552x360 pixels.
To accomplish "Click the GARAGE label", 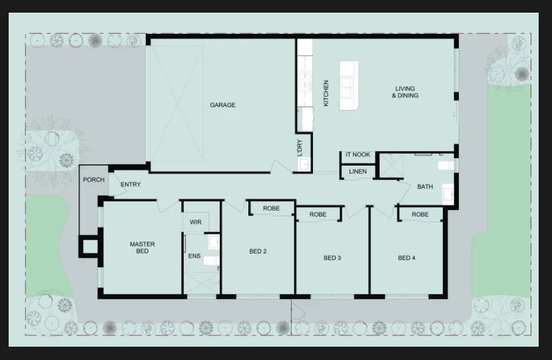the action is point(222,105).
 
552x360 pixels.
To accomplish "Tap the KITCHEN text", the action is point(326,93).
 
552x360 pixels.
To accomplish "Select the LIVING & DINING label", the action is point(406,92).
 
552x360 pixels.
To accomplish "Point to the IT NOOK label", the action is point(358,154).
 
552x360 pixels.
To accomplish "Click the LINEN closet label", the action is point(358,172).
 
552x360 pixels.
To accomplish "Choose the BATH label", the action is point(425,186).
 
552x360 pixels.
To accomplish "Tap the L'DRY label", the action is point(300,148).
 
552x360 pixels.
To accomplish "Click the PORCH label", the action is point(94,180).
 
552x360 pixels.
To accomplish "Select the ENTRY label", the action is point(131,184).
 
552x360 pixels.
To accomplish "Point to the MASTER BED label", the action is point(142,248).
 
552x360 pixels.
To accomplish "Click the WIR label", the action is point(195,222).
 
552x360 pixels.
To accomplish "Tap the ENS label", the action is point(194,256).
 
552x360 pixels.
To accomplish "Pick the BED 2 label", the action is point(258,252).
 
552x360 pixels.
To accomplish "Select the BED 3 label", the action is point(332,258).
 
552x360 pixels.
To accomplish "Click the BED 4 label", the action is point(406,258).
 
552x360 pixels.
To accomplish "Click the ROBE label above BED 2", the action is point(272,208).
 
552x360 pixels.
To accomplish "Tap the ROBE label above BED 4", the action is point(420,214).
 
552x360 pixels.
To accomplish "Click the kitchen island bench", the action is point(349,86).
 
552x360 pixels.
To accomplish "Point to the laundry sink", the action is point(304,164).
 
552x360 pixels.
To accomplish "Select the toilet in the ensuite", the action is point(211,261).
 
